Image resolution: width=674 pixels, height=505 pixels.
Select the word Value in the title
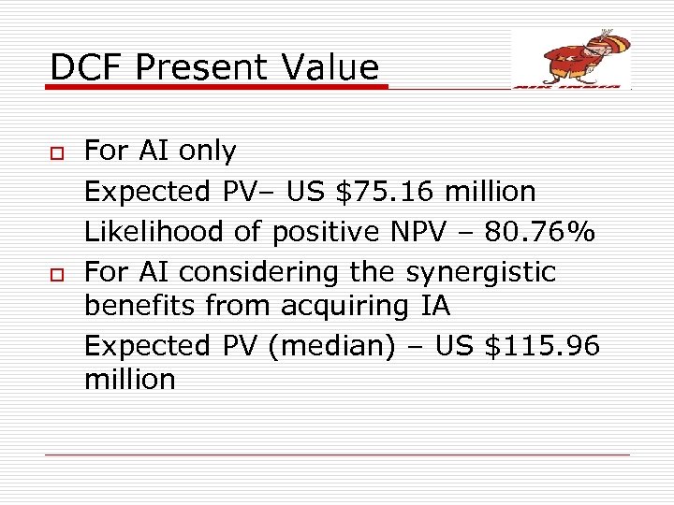335,67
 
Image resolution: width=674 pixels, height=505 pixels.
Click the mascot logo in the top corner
572,58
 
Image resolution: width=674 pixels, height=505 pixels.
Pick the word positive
315,232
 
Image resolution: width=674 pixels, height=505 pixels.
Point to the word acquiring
345,306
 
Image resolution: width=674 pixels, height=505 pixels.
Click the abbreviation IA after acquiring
432,306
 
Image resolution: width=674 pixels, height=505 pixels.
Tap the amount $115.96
542,346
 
